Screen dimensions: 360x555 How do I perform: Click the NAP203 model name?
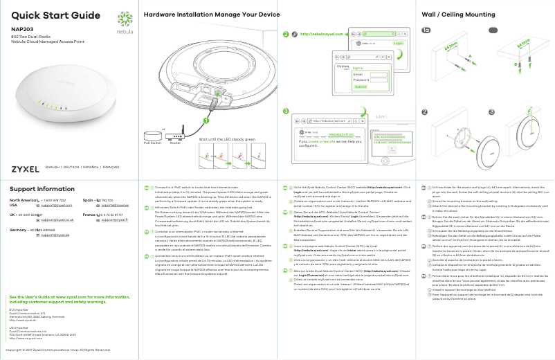22,29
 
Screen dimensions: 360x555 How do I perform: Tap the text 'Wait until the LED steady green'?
226,139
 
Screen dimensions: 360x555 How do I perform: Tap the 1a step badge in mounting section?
426,30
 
